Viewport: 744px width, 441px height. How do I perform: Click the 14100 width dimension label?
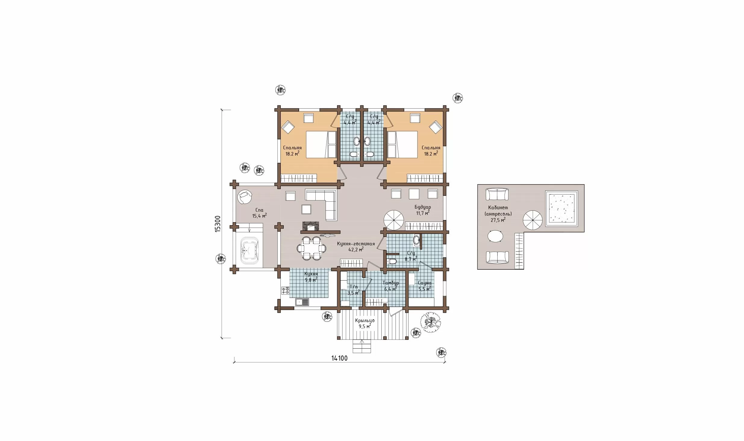click(x=339, y=358)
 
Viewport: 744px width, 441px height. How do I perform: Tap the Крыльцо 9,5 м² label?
click(x=365, y=323)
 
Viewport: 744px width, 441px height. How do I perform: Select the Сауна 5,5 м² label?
click(x=424, y=286)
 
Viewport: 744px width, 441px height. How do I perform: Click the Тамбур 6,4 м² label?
click(x=391, y=286)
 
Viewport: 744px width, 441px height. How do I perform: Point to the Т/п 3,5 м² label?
click(x=354, y=290)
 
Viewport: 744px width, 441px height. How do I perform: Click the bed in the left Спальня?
click(x=321, y=144)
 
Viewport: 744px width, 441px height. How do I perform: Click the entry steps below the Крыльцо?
click(x=362, y=346)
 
